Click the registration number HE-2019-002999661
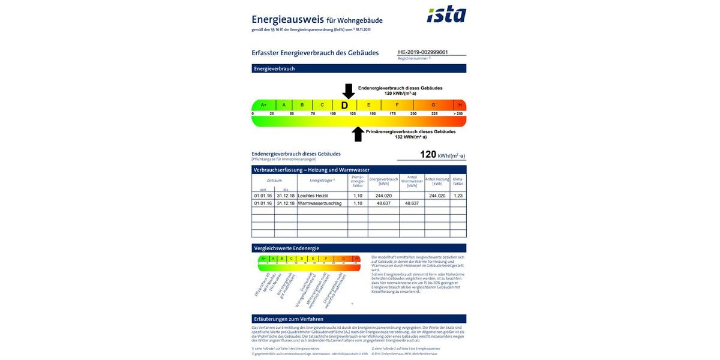pos(423,52)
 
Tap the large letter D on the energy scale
pos(344,106)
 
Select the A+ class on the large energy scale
pos(263,105)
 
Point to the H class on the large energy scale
pos(460,105)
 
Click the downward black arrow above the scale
pos(349,91)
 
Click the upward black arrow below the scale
pos(358,134)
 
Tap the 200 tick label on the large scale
pos(413,113)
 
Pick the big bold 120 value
pos(428,154)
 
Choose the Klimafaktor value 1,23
pos(458,196)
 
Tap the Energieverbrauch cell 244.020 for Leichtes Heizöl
pos(383,196)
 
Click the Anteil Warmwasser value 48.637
pos(412,203)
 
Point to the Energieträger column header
pos(322,180)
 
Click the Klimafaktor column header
pos(458,181)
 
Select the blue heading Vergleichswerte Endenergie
pos(287,248)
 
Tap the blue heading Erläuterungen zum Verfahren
pos(289,319)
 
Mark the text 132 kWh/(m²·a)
pos(410,137)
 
